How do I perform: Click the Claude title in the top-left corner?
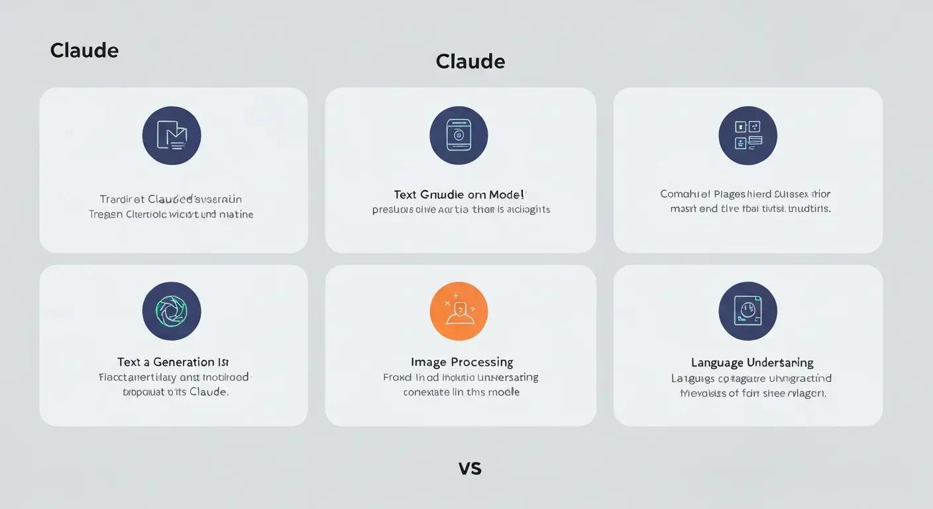click(84, 50)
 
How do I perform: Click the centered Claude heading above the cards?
click(470, 62)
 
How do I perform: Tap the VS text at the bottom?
click(470, 468)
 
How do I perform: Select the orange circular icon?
click(459, 311)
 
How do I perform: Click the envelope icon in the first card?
click(172, 135)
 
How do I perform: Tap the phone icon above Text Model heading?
click(459, 135)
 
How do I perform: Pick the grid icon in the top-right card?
click(747, 135)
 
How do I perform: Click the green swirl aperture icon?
click(172, 311)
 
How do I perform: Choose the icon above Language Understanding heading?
click(747, 311)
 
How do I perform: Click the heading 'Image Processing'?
click(462, 362)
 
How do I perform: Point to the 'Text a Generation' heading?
click(173, 362)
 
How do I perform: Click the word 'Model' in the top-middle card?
click(506, 195)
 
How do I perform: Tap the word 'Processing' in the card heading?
click(482, 362)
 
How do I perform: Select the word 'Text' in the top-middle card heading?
click(405, 195)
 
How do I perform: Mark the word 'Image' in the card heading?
click(428, 362)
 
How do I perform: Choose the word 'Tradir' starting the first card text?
click(113, 199)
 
